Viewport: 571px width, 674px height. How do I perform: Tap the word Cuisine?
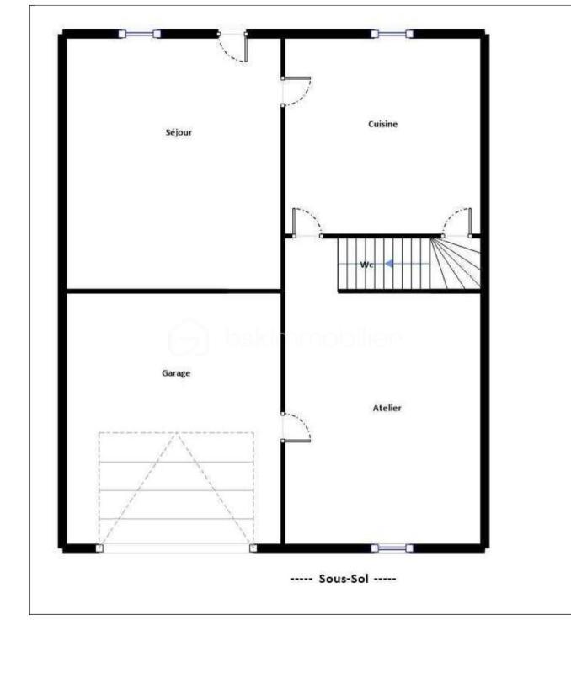pos(382,124)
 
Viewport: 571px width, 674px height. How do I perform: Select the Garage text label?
pos(176,372)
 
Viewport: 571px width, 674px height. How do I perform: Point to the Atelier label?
pos(387,408)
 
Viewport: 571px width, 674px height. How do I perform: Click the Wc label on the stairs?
pos(366,265)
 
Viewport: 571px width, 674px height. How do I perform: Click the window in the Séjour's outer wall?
pos(139,34)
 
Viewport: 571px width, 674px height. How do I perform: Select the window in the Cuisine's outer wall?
pos(392,34)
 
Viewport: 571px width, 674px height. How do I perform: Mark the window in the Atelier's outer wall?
pos(392,548)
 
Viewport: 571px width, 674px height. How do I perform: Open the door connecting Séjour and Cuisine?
pos(295,91)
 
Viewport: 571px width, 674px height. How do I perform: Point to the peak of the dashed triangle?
pos(176,435)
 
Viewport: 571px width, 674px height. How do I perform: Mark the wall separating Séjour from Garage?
pos(173,291)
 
